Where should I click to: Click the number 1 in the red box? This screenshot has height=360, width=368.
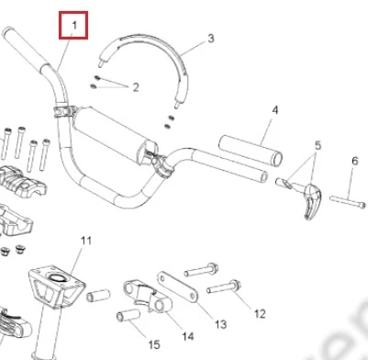(x=74, y=26)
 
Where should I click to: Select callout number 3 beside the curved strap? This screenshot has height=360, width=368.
(x=211, y=39)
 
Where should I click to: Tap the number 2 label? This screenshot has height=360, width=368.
(x=136, y=87)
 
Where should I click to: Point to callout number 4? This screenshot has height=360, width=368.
(x=275, y=110)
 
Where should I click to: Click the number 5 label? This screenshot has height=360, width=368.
(x=318, y=145)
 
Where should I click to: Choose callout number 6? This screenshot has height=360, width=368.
(x=355, y=161)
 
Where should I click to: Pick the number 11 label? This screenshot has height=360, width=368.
(x=86, y=241)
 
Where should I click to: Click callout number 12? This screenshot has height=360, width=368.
(x=260, y=314)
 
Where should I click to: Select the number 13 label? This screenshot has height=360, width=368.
(x=220, y=324)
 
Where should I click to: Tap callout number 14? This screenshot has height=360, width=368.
(x=188, y=336)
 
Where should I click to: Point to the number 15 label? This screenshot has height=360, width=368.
(x=154, y=345)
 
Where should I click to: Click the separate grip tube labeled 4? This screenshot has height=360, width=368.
(x=251, y=151)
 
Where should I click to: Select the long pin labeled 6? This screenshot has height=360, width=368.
(x=348, y=202)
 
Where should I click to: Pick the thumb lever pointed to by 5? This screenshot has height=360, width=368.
(x=311, y=200)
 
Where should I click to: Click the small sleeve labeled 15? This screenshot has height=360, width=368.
(x=128, y=315)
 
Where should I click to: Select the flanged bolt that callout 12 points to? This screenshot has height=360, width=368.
(x=224, y=287)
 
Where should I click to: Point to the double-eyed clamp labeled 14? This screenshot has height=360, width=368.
(x=148, y=296)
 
